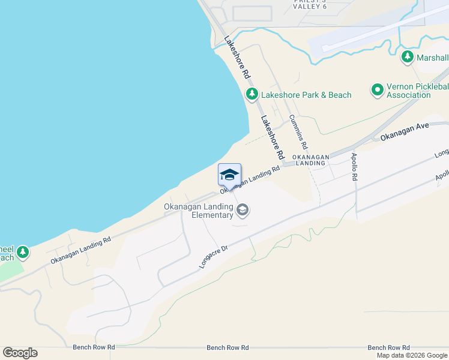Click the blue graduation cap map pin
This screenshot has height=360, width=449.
point(229,175)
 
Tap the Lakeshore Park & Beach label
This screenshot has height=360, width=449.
point(306,95)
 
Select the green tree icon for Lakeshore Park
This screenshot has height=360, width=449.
point(252,94)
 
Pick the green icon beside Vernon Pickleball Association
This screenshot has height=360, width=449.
point(377,90)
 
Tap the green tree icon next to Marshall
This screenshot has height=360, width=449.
point(408,57)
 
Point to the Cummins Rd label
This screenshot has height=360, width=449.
point(298,132)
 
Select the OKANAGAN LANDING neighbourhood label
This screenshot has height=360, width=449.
point(311,160)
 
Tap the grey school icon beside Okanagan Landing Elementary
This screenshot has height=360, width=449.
point(243,209)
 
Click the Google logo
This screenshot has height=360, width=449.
point(20,353)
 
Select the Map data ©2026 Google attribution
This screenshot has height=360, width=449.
point(412,355)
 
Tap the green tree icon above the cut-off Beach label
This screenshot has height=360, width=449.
point(23,251)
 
